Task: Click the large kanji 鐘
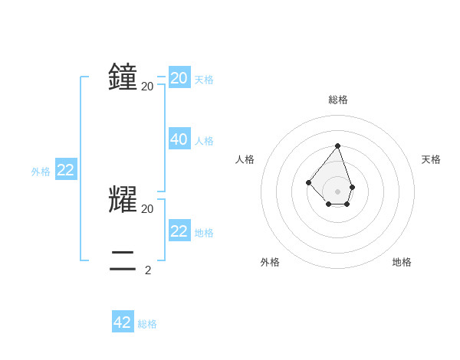[123, 77]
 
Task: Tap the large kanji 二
[123, 260]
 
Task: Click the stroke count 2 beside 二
[148, 270]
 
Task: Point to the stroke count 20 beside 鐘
[148, 86]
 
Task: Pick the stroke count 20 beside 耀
[148, 208]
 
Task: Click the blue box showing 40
[179, 139]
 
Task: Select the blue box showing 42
[123, 322]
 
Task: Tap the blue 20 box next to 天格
[179, 78]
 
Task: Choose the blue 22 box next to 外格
[66, 170]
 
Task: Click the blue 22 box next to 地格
[179, 231]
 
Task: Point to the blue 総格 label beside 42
[147, 324]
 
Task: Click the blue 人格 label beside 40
[204, 141]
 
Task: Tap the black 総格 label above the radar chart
[338, 100]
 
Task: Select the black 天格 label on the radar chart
[432, 159]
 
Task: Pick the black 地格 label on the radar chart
[402, 262]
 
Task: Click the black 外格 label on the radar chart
[270, 262]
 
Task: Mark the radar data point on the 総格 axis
[337, 146]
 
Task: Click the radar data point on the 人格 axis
[308, 182]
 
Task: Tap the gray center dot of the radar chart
[337, 191]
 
